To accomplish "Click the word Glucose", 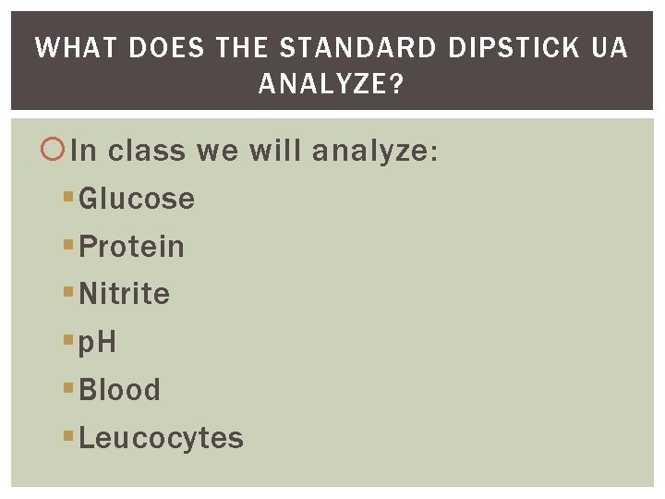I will coord(137,199).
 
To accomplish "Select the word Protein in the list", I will coord(131,247).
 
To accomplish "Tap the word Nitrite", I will coord(124,294).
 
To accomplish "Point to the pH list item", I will coord(97,343).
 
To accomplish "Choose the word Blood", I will coord(119,390).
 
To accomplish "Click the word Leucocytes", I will coord(161,438).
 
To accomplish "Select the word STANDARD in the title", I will coord(357,48).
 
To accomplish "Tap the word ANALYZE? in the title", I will coord(332,85).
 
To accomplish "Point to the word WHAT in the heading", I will coord(77,48).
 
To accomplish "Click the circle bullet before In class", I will coord(54,149).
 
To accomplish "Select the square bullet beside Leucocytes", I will coord(68,437).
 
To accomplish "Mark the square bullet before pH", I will coord(68,342).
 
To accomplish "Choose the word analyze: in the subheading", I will coord(373,151).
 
